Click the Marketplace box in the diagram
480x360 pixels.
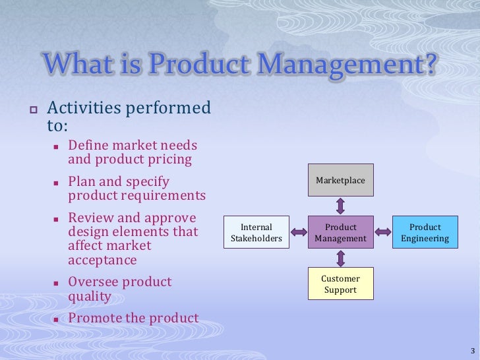tap(340, 180)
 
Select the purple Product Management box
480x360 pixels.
tap(340, 232)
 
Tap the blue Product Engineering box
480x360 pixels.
tap(425, 232)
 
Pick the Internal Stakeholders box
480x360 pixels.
tap(256, 232)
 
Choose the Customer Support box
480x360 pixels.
tap(340, 284)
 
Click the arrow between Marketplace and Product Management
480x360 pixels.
tap(340, 206)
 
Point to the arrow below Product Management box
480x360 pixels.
tap(340, 258)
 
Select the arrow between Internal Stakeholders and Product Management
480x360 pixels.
tap(299, 232)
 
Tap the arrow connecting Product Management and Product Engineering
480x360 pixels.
tap(383, 232)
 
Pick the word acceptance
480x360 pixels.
tap(102, 260)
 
